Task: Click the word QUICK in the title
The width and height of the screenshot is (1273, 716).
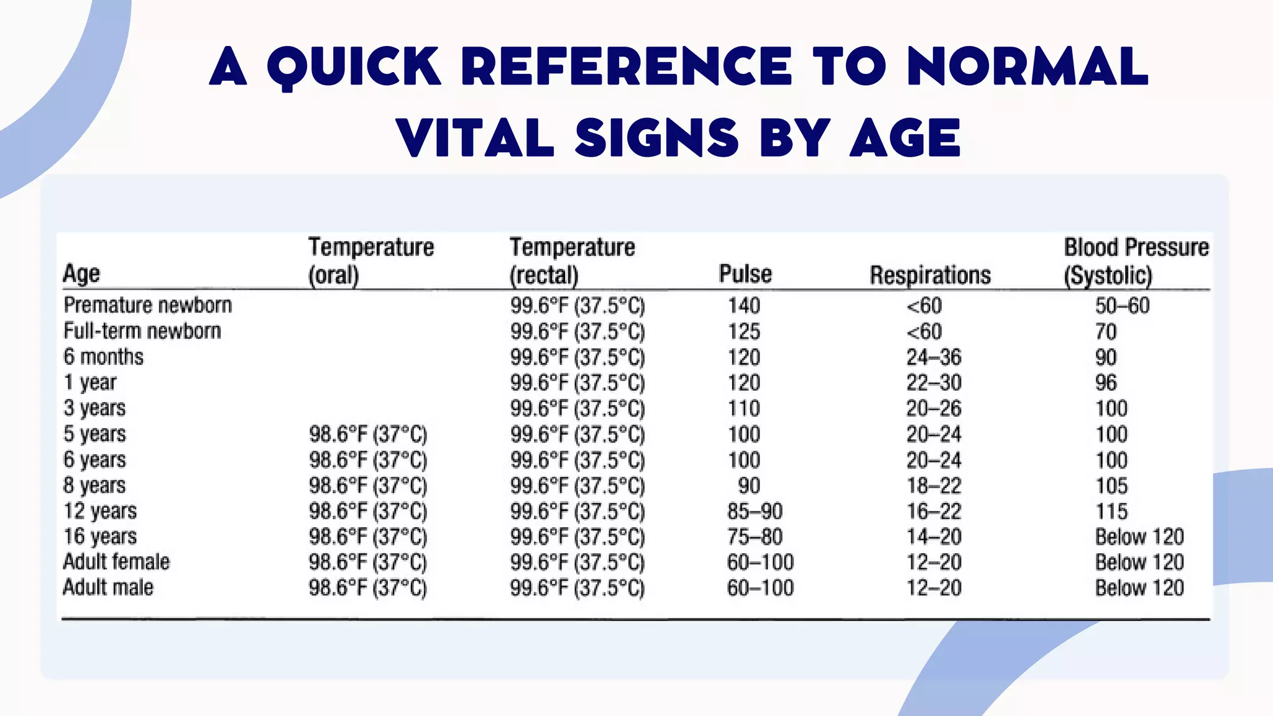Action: [x=354, y=67]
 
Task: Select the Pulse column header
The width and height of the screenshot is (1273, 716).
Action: [x=745, y=273]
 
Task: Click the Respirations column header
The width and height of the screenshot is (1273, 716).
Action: [x=930, y=275]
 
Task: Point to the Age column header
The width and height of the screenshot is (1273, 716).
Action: [x=81, y=273]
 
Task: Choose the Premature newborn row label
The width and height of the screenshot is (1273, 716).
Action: [x=148, y=305]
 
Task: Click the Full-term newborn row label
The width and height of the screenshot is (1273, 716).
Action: [x=142, y=331]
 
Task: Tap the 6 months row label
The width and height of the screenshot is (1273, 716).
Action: [x=103, y=357]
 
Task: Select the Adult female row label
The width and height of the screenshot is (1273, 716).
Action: [x=116, y=562]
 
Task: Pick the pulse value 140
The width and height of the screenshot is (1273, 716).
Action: [x=744, y=306]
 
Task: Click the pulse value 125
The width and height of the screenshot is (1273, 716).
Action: [x=744, y=331]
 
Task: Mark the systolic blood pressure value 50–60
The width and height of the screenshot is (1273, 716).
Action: [x=1123, y=306]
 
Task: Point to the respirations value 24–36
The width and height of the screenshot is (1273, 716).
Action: [x=934, y=357]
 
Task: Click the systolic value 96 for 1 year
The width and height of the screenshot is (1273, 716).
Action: [x=1106, y=383]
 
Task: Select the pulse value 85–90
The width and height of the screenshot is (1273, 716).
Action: [x=755, y=511]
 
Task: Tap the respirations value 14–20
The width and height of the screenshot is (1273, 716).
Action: [x=934, y=536]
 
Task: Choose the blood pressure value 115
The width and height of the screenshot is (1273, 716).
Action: [x=1111, y=511]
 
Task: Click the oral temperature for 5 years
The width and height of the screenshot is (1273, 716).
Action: [x=368, y=434]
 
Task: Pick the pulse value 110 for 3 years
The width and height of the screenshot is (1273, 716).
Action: [x=744, y=408]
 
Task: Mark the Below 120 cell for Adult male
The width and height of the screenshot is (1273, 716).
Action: [x=1139, y=587]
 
